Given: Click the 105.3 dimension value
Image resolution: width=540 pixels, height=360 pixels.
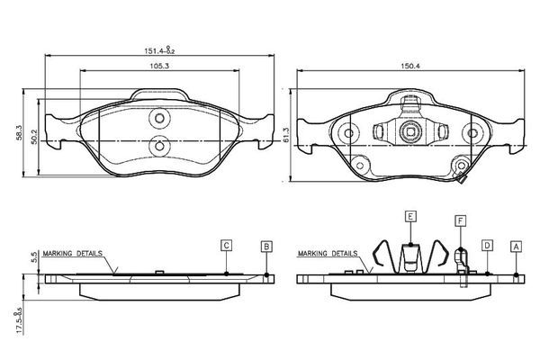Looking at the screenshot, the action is point(159,66).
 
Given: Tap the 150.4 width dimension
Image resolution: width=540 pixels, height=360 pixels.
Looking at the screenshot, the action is point(410,66).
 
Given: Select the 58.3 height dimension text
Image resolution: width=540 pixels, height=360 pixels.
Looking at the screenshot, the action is point(20,132).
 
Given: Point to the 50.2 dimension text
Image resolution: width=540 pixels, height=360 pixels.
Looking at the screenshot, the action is point(34,137).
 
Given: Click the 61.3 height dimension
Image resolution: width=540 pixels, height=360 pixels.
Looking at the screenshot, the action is point(286,135).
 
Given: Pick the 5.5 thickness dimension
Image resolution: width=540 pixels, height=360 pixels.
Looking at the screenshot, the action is point(34,257).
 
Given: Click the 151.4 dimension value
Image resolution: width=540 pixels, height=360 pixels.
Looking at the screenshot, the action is point(155,51).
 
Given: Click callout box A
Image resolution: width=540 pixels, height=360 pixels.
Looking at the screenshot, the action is point(516,247).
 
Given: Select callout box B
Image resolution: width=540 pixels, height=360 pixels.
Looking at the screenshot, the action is point(266,247).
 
